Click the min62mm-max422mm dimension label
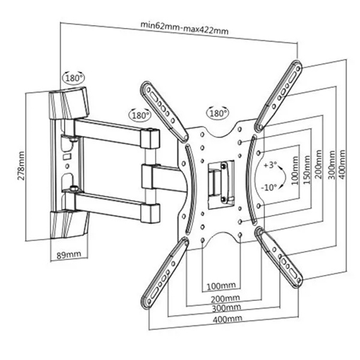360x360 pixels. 184,29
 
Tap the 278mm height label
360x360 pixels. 21,166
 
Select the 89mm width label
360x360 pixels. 68,254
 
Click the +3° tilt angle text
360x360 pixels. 270,165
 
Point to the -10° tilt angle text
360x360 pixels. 269,187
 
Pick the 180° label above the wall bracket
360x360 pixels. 73,78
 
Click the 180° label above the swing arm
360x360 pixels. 140,115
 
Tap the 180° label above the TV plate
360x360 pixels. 217,113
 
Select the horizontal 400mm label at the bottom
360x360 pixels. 227,319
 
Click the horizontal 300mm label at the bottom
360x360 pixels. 226,308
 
